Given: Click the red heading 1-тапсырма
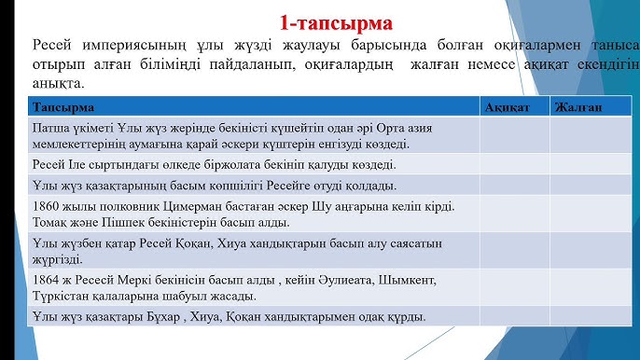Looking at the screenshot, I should click(336, 21).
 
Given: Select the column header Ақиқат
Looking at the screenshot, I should click(508, 107).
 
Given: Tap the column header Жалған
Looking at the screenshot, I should click(578, 107).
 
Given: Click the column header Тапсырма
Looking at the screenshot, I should click(63, 107).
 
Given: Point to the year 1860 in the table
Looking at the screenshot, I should click(47, 206).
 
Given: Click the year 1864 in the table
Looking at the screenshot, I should click(47, 280).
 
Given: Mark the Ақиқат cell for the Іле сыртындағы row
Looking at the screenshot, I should click(514, 163).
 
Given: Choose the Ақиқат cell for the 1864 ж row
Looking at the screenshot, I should click(514, 287).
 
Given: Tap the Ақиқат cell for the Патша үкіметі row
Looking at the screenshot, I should click(514, 135).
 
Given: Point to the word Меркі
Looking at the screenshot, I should click(140, 280).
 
